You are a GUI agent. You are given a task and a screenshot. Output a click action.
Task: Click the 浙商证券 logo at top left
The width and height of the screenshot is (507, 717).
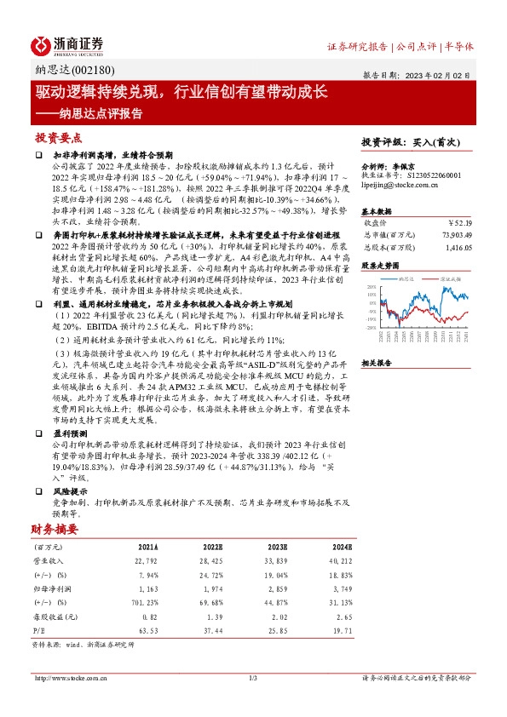(x=68, y=44)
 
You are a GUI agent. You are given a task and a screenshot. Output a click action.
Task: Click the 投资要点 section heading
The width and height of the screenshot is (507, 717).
(x=58, y=137)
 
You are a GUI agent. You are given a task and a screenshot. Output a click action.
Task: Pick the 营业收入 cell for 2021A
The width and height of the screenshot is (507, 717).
(x=146, y=562)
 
